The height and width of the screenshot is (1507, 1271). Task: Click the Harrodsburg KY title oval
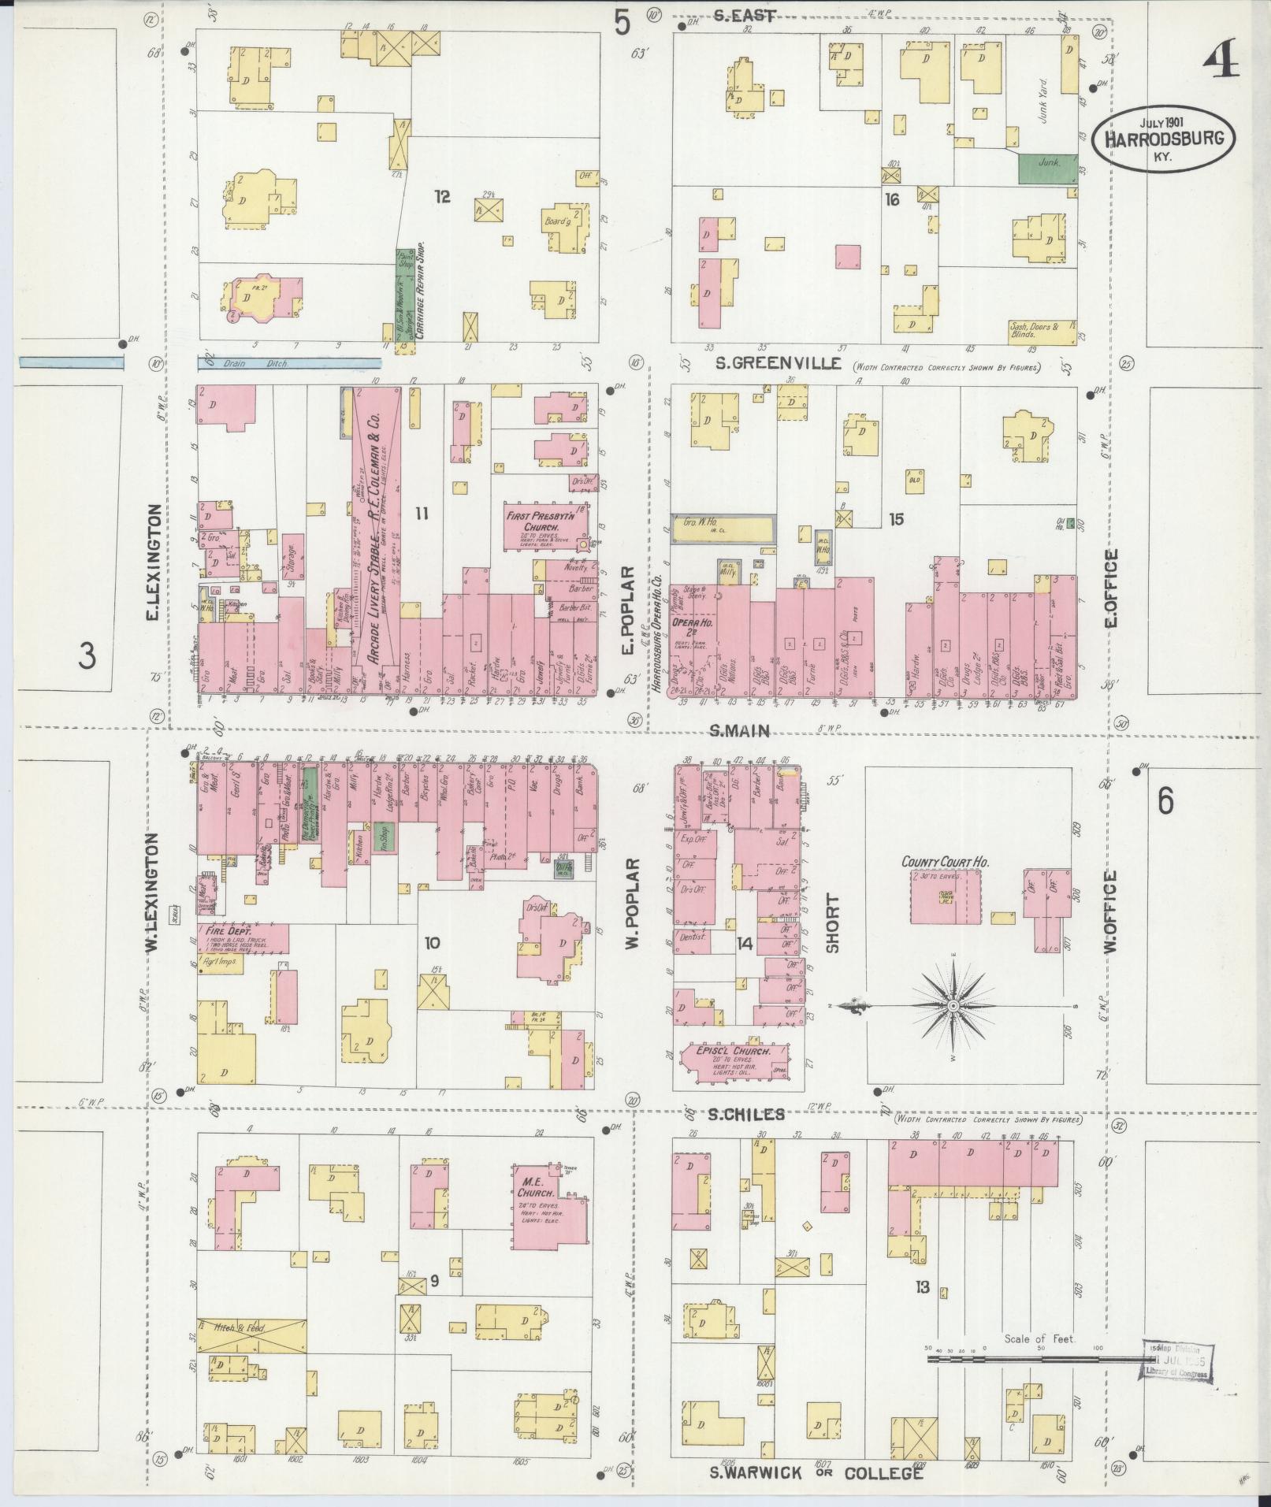coord(1162,137)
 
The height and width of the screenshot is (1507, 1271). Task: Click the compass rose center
coord(953,1006)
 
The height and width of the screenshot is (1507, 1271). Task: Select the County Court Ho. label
coord(945,863)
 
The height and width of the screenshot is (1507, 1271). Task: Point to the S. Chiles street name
coord(745,1114)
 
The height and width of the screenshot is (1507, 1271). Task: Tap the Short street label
coord(832,923)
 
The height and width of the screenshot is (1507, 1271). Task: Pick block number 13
coord(922,1287)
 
